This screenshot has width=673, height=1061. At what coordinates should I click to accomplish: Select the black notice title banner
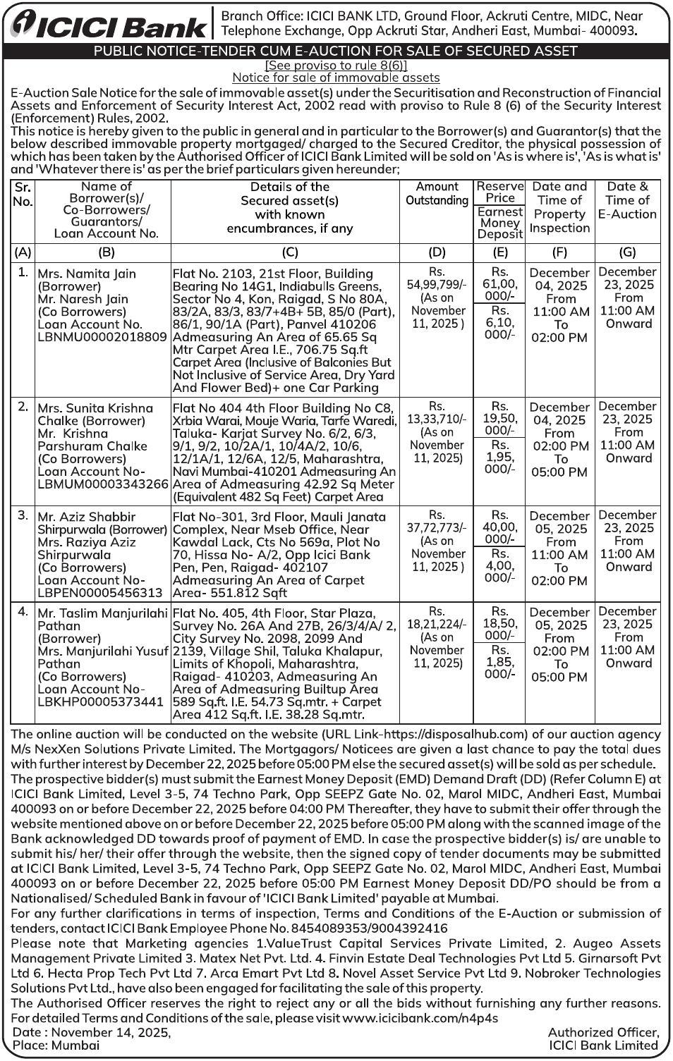[336, 51]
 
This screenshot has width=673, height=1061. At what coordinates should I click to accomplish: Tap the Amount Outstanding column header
[437, 193]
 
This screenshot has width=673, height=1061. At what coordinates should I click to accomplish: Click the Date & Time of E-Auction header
[627, 200]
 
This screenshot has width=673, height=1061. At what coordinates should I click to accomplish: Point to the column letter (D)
[437, 252]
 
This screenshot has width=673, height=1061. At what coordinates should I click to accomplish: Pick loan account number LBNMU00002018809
[102, 337]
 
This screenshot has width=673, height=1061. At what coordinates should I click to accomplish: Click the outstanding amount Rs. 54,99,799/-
[437, 278]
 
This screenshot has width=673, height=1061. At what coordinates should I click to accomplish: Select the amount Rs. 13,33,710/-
[437, 412]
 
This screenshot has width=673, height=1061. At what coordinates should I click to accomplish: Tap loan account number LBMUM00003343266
[103, 484]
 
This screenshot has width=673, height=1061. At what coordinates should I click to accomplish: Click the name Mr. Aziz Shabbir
[86, 517]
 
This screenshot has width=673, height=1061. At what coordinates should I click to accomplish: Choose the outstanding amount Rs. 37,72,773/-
[437, 521]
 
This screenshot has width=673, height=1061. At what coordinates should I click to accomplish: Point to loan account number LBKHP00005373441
[100, 702]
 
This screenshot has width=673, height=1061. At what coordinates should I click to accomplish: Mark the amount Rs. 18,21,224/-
[437, 618]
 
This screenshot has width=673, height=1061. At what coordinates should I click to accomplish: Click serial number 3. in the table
[23, 515]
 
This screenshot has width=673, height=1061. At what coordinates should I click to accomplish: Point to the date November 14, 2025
[111, 1032]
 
